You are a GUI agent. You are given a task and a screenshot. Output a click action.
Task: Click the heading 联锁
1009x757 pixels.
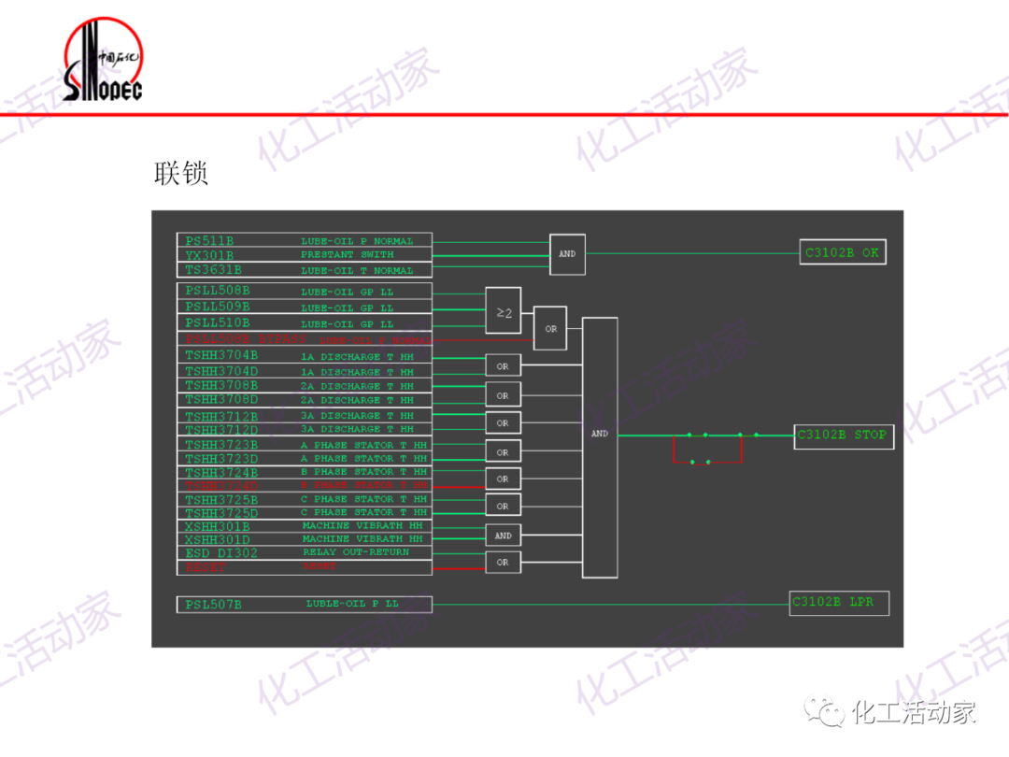180,173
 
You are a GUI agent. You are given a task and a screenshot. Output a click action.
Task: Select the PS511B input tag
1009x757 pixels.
209,241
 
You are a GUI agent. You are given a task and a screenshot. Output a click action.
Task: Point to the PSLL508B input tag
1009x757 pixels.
217,291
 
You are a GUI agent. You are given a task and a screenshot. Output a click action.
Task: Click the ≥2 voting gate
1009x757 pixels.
504,313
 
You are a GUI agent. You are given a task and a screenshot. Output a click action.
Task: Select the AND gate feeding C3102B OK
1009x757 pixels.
567,254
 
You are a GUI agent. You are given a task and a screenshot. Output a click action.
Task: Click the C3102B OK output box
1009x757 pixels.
843,252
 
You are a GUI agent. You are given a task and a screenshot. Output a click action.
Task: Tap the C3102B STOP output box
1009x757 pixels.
841,436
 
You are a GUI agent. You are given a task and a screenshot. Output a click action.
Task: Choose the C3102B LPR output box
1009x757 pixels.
838,603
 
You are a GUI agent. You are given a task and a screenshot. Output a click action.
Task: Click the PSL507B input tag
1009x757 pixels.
213,605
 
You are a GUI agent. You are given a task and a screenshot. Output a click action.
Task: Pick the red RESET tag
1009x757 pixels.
206,567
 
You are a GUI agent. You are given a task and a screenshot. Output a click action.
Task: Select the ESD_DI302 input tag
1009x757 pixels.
220,553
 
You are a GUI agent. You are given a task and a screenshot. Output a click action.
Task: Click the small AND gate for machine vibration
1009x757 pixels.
503,536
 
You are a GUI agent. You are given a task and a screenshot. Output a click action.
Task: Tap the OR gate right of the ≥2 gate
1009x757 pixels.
550,329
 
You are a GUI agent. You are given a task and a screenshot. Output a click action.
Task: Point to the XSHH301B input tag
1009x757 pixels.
217,526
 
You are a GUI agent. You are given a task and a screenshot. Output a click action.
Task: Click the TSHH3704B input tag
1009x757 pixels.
220,355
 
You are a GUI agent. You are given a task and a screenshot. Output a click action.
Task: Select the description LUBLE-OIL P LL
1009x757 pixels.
351,604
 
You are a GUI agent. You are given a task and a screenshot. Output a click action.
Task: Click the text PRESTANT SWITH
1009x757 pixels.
347,255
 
